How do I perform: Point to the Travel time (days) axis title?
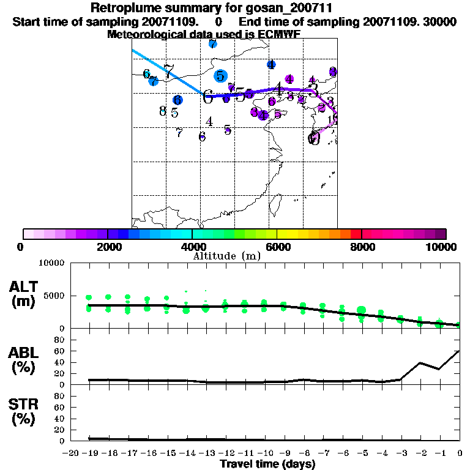coord(267,464)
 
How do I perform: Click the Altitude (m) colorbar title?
coord(226,256)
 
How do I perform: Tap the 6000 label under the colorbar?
coord(277,247)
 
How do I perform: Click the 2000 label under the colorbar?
coord(108,247)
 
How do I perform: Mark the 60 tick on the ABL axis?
coord(60,351)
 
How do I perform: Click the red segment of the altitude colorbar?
coord(356,234)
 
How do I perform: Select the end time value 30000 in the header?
coord(440,21)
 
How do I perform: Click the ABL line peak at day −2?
coord(420,363)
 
